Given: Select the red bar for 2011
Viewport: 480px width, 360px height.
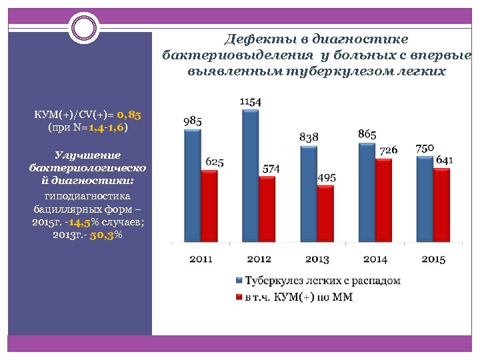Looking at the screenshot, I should point(209,206).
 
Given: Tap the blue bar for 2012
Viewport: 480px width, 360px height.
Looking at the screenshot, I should point(251,175).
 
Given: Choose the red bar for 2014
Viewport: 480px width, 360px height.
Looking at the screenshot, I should point(383,200).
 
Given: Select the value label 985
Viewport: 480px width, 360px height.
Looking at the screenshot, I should point(192,121).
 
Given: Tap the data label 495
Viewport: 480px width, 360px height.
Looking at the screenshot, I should point(326,178).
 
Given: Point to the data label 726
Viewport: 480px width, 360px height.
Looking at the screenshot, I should point(388,151).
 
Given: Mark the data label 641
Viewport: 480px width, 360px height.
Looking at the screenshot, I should point(445,160).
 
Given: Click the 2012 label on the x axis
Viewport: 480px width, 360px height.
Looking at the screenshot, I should point(259,259).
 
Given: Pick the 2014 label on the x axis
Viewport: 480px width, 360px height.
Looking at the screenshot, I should point(375,259).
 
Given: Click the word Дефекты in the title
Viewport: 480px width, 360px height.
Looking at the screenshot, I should point(252,39).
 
